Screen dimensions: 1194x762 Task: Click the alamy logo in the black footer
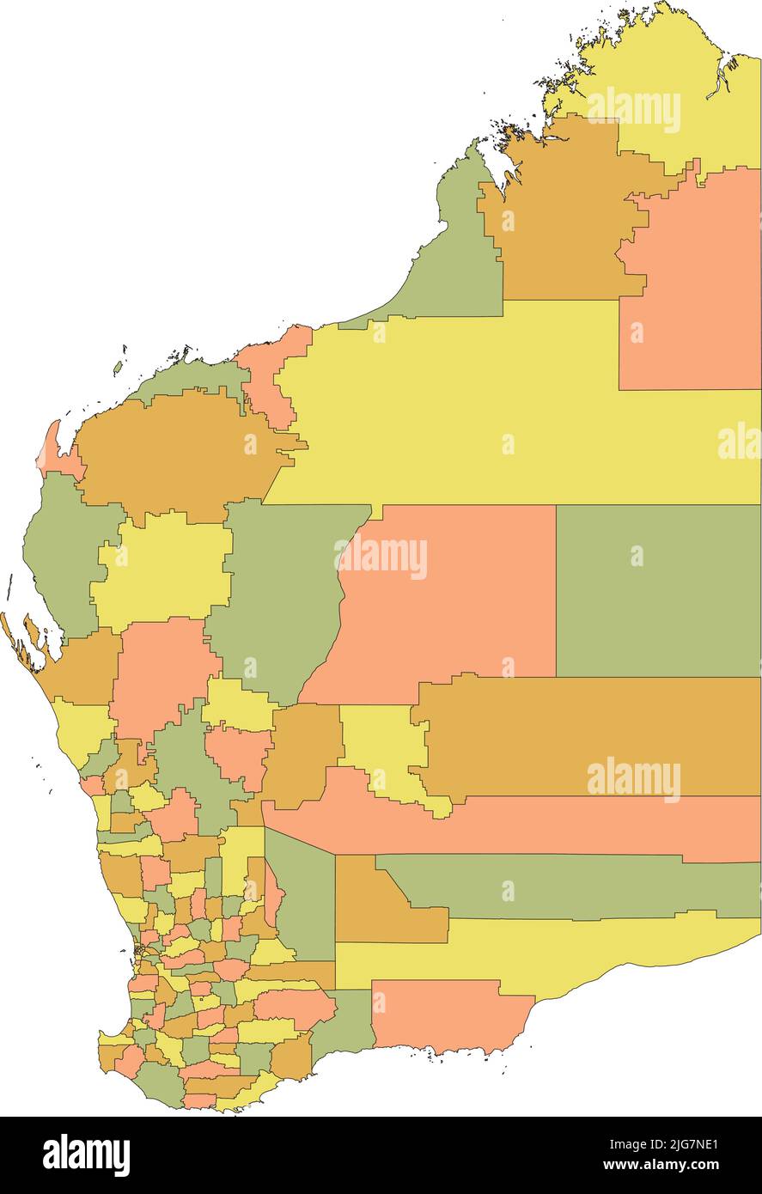pyautogui.click(x=86, y=1154)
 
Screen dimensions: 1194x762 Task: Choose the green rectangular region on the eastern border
pyautogui.click(x=657, y=593)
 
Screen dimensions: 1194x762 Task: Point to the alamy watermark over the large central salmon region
pyautogui.click(x=382, y=557)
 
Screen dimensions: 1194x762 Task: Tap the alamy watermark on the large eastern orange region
pyautogui.click(x=634, y=779)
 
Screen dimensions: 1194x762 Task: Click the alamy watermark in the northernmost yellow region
pyautogui.click(x=634, y=109)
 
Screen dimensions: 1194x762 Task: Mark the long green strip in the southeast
pyautogui.click(x=567, y=885)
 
